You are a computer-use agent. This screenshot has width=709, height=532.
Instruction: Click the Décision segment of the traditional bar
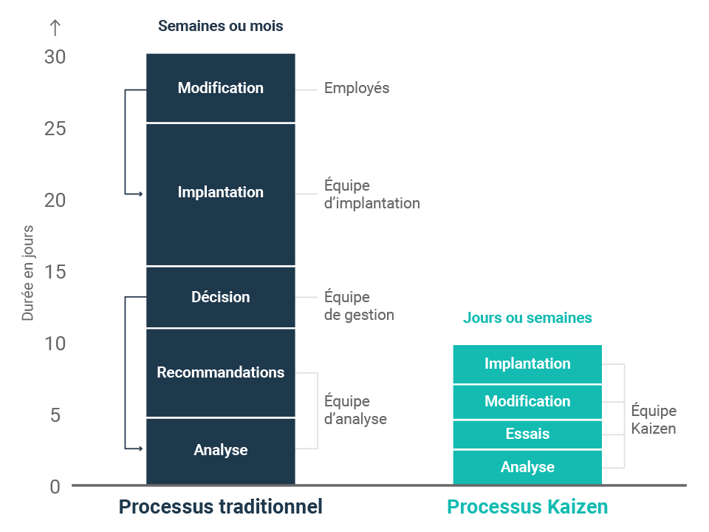220,297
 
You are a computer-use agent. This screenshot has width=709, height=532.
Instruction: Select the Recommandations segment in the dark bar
220,372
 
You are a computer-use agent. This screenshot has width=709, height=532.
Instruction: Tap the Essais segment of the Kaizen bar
527,434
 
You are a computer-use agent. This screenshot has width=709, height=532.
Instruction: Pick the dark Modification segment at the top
220,88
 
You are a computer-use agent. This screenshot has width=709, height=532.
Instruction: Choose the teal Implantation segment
527,364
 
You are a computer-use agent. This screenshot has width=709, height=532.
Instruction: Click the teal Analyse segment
527,467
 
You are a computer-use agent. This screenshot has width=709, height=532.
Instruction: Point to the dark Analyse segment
220,450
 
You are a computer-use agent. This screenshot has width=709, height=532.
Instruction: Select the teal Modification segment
527,401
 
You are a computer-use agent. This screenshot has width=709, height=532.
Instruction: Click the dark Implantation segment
220,192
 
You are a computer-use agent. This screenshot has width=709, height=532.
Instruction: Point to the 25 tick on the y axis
55,129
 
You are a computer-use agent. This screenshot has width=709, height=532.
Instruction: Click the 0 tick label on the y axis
55,487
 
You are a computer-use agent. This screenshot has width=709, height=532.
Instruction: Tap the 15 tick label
55,273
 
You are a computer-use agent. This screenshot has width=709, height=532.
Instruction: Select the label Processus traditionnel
220,507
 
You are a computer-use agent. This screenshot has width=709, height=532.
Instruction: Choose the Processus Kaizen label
527,507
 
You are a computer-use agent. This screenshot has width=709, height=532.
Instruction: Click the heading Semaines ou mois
220,26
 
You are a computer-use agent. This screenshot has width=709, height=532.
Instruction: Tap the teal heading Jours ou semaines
527,318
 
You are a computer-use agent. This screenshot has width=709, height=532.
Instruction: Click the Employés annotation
357,88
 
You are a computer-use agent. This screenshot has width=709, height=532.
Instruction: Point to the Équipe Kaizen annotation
654,420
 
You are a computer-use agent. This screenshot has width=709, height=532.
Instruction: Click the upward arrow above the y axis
55,27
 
